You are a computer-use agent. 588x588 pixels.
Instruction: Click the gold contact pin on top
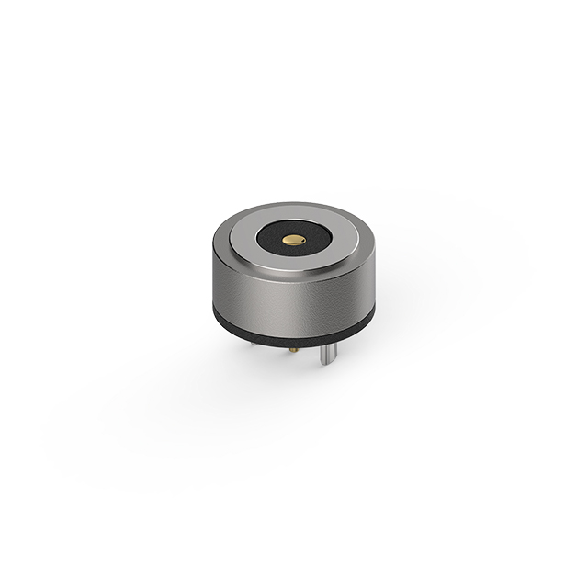click(293, 240)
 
